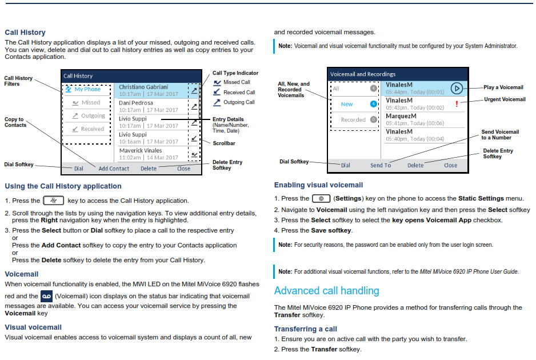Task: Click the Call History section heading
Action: click(25, 33)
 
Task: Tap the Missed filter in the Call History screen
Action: click(87, 102)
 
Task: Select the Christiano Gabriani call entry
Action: click(149, 91)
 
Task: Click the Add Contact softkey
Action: click(114, 169)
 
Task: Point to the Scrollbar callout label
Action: click(224, 143)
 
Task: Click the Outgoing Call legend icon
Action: click(217, 102)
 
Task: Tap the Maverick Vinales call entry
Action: click(149, 154)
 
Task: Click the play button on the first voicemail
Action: click(457, 88)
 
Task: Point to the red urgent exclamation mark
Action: click(457, 103)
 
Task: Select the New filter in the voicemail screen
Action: click(347, 104)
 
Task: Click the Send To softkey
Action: click(381, 166)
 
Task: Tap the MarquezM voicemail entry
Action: click(415, 119)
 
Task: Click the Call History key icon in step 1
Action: click(53, 201)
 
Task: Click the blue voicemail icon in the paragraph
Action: click(46, 296)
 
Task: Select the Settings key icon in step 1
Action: click(321, 198)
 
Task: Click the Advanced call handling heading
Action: click(326, 291)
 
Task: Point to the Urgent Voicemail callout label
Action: click(505, 99)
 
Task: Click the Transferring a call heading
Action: click(305, 329)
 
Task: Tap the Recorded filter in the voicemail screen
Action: click(353, 119)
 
